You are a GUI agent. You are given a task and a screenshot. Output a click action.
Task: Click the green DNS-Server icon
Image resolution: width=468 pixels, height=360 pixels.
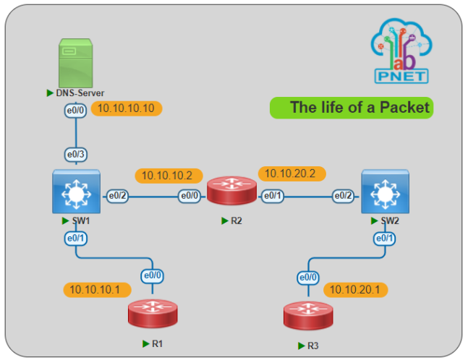click(x=76, y=64)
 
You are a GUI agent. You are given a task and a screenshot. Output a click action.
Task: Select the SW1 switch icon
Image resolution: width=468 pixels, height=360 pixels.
click(x=75, y=192)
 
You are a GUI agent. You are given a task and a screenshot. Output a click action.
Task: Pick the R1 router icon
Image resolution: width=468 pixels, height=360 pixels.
click(x=152, y=312)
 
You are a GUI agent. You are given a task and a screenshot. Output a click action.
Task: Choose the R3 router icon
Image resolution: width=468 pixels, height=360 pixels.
click(x=308, y=315)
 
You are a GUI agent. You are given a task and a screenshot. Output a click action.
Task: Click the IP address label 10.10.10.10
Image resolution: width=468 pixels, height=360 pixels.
click(x=127, y=109)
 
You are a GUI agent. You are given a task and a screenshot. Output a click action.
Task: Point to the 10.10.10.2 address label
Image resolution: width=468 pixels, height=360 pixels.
click(x=167, y=175)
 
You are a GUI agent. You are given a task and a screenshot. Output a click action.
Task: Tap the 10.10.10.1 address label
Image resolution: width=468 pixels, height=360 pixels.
click(x=97, y=290)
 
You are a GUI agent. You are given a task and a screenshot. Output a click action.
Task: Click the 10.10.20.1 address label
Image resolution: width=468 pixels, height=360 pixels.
click(x=355, y=289)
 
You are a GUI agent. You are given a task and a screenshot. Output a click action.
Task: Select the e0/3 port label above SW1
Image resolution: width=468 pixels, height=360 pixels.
click(x=76, y=154)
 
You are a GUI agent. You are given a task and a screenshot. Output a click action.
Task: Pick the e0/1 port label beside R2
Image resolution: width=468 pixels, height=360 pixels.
click(x=273, y=195)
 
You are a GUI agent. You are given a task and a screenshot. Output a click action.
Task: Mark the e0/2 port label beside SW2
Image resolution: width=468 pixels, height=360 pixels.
click(x=343, y=195)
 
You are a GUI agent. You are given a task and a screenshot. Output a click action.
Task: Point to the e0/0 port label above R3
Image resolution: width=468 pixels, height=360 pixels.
click(x=308, y=277)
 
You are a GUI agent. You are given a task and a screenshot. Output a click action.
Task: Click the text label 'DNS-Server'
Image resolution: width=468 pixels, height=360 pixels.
click(x=77, y=93)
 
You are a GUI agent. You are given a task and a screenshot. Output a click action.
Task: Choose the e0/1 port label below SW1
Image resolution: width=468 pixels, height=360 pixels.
click(x=76, y=238)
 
